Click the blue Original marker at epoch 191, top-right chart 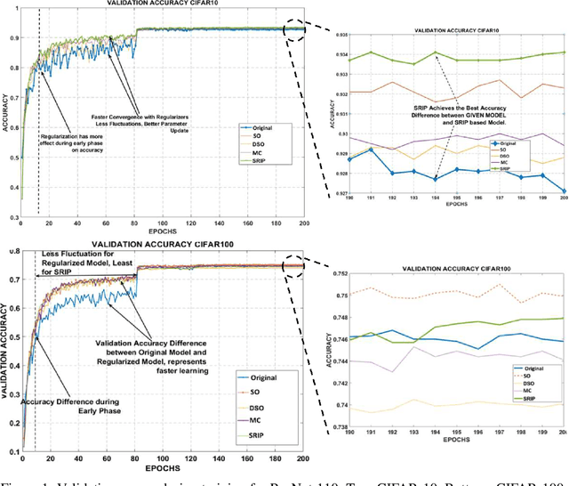(x=368, y=149)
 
